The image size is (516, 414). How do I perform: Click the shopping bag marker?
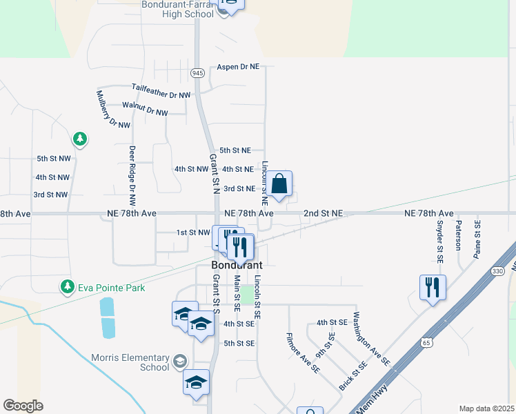click(279, 185)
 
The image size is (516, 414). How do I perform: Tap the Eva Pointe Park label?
click(110, 287)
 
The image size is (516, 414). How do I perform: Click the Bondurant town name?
click(237, 265)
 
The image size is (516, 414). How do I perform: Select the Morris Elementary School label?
click(130, 362)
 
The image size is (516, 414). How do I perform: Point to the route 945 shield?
click(197, 73)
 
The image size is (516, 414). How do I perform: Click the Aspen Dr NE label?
click(238, 67)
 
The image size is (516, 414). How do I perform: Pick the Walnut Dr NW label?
click(145, 108)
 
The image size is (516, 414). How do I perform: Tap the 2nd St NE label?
click(324, 214)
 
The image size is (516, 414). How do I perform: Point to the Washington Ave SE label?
click(371, 339)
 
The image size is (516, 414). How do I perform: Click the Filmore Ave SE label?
click(304, 353)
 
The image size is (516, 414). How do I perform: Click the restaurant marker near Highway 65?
click(433, 287)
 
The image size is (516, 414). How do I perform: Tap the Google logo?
click(23, 406)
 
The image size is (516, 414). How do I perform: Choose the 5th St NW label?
click(54, 159)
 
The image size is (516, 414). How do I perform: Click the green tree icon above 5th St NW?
click(81, 139)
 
